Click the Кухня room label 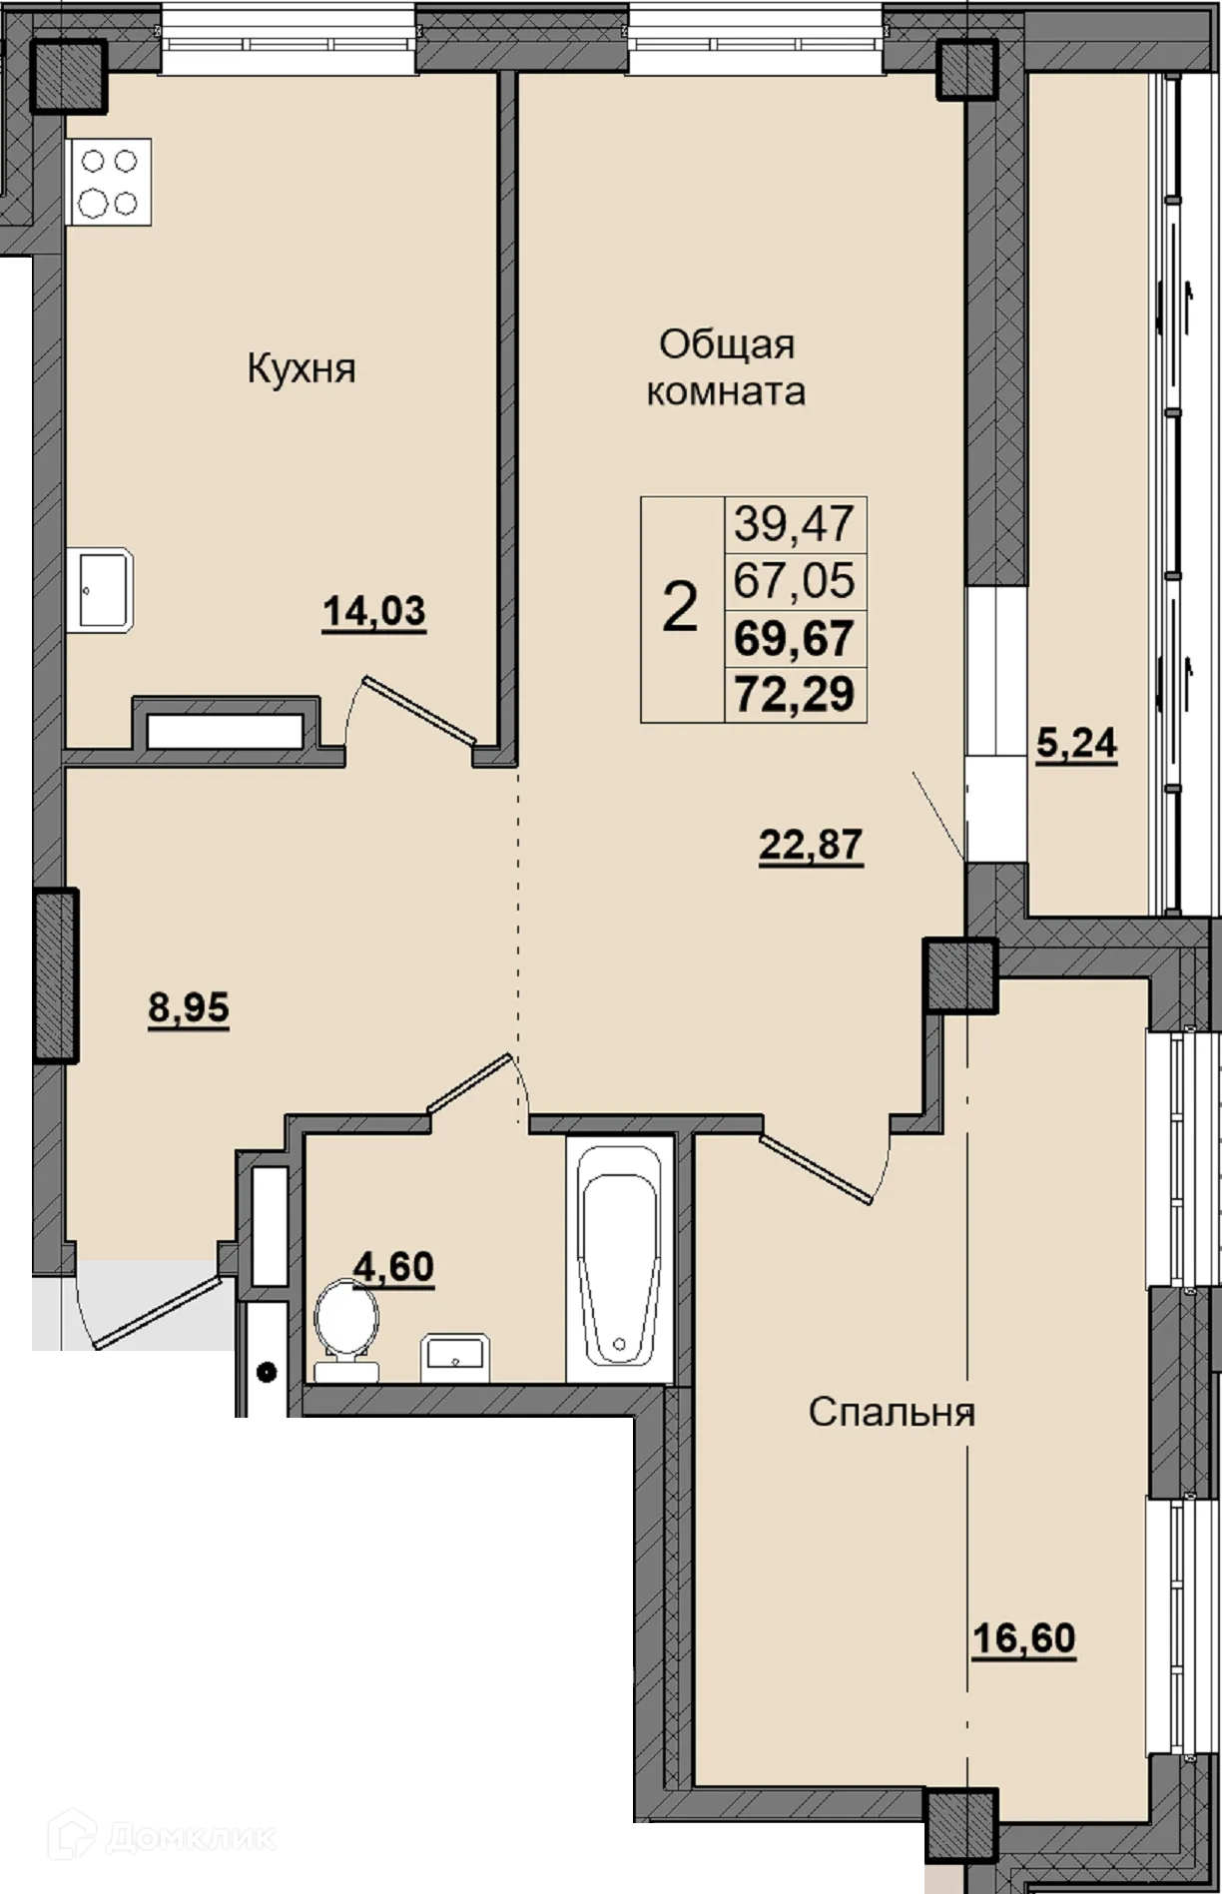tap(302, 369)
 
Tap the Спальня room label tap(892, 1413)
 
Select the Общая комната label tap(727, 367)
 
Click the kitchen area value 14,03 tap(374, 611)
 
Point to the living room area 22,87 tap(811, 846)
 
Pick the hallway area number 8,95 tap(189, 1008)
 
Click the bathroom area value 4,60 tap(394, 1267)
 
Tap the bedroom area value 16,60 tap(1024, 1639)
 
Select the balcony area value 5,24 tap(1076, 744)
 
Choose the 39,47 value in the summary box tap(795, 522)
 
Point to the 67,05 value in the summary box tap(795, 579)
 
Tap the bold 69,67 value tap(795, 637)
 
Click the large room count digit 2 tap(680, 607)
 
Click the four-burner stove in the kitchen tap(109, 182)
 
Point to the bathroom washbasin tap(454, 1357)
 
